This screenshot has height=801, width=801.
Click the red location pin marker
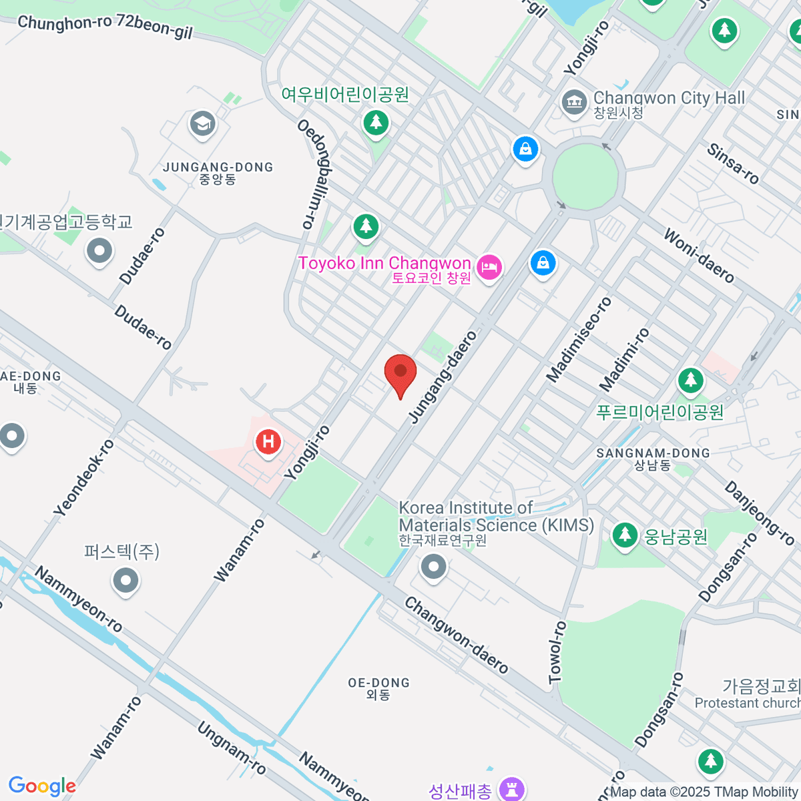(400, 372)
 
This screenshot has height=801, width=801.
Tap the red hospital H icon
(268, 442)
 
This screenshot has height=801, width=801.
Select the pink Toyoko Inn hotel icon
(489, 268)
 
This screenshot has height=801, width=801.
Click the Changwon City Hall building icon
(573, 102)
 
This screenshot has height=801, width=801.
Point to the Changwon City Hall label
(669, 98)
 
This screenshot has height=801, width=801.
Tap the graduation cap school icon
(202, 124)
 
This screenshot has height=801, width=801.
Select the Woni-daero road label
(699, 256)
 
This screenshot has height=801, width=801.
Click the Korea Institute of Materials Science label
(496, 517)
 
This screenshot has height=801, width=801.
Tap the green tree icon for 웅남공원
(625, 535)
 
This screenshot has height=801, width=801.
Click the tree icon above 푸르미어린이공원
(691, 381)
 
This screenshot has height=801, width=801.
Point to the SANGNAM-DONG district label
(653, 453)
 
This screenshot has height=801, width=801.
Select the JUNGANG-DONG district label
(218, 167)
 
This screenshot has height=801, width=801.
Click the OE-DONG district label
(378, 683)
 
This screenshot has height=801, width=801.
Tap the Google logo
(42, 786)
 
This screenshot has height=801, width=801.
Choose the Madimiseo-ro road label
(579, 340)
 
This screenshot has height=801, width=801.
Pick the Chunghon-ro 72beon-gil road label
(105, 27)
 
